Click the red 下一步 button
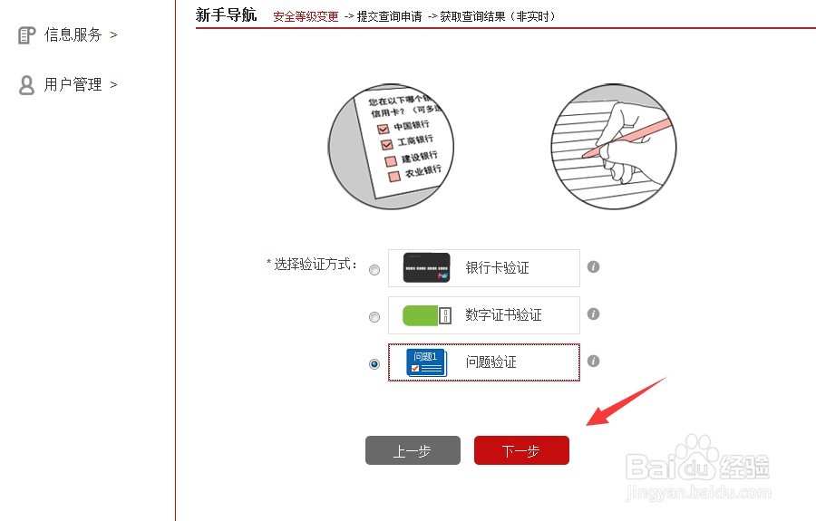click(x=521, y=450)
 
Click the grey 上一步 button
click(x=413, y=450)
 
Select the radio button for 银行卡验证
click(x=374, y=270)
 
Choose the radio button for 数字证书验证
click(x=374, y=317)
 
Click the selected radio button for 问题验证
click(x=374, y=364)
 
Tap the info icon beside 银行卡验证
click(x=594, y=267)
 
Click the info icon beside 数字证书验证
click(x=594, y=314)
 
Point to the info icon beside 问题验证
click(x=594, y=361)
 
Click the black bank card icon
click(x=426, y=268)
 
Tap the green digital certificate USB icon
click(x=426, y=315)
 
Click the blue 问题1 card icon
click(x=426, y=362)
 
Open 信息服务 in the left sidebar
click(x=73, y=34)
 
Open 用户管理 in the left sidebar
click(x=73, y=84)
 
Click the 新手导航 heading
click(x=226, y=14)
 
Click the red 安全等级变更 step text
click(x=306, y=16)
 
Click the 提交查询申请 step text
click(x=389, y=16)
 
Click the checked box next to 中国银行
click(x=383, y=130)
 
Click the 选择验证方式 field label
click(x=314, y=264)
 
